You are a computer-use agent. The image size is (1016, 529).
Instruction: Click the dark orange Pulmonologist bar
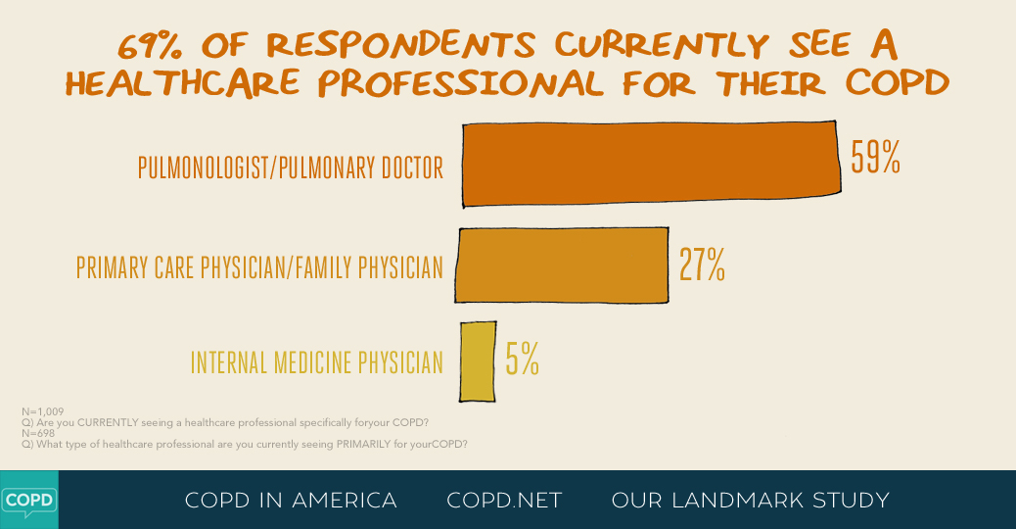[x=651, y=164]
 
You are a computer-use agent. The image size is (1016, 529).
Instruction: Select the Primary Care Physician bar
[x=562, y=264]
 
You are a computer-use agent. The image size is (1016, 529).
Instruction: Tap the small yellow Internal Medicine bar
[x=478, y=361]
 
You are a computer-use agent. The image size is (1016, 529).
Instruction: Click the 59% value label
[x=875, y=157]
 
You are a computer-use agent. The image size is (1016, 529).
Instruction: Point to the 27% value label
[x=702, y=264]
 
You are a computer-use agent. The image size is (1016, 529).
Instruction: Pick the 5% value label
[x=522, y=361]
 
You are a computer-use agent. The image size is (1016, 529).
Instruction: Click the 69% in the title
[x=152, y=45]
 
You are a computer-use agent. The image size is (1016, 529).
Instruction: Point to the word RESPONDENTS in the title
[x=400, y=45]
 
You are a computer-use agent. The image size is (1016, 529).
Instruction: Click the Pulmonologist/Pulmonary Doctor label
[x=291, y=168]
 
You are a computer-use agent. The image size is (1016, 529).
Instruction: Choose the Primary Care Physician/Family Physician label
[x=259, y=266]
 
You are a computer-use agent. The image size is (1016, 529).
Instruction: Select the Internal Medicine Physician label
[x=316, y=362]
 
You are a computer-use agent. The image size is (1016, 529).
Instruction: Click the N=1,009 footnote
[x=43, y=411]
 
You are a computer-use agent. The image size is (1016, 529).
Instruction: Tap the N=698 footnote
[x=38, y=433]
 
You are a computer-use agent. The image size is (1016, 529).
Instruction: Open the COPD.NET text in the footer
[x=504, y=501]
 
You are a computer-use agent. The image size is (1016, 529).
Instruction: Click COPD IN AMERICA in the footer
[x=291, y=501]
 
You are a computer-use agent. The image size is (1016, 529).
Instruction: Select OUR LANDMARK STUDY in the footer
[x=750, y=501]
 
